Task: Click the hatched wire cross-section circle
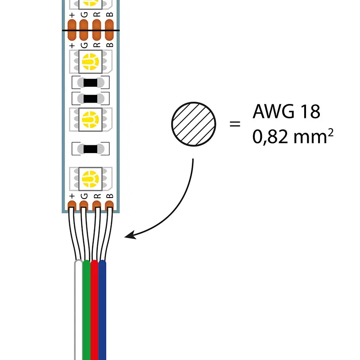tap(193, 124)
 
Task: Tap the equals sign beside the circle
tap(235, 123)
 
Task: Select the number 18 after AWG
tap(309, 111)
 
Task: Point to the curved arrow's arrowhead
tap(130, 235)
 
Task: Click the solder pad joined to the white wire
tap(72, 206)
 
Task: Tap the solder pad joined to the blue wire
tap(109, 206)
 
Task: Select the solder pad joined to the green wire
tap(84, 206)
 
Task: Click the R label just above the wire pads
tap(96, 196)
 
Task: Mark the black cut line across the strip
tap(90, 31)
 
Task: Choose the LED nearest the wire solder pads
tap(90, 179)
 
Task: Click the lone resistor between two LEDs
tap(90, 148)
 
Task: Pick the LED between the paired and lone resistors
tap(90, 119)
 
